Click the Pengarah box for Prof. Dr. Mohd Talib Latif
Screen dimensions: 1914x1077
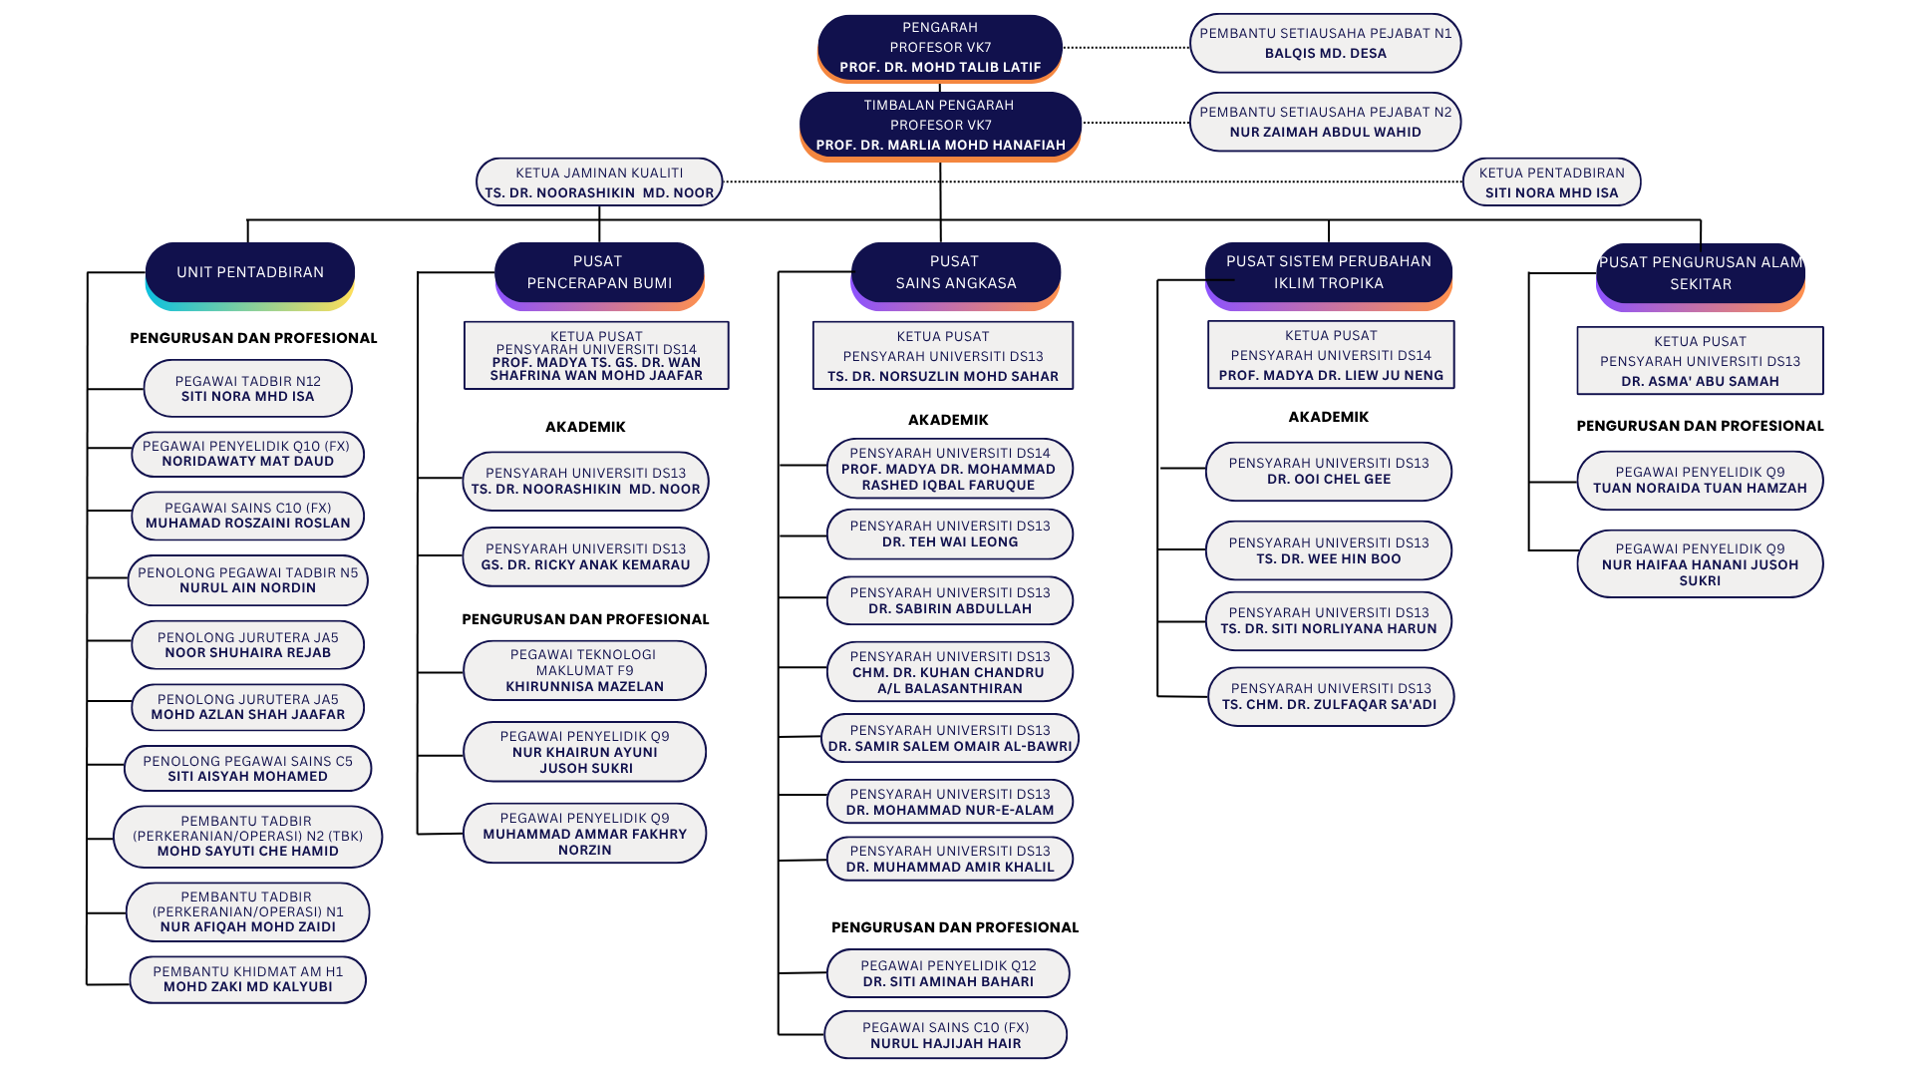tap(940, 48)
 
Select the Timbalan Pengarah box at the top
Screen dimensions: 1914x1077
tap(940, 126)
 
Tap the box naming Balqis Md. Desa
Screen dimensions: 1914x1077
tap(1325, 43)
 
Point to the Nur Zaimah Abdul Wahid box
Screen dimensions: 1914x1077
tap(1325, 122)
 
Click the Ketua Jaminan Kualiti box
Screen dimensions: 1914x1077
tap(599, 182)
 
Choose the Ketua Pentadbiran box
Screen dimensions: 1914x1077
tap(1551, 182)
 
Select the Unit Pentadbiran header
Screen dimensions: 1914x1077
tap(250, 275)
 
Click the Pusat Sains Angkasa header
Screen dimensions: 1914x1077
tap(955, 275)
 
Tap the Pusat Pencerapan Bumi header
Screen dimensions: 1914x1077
tap(599, 275)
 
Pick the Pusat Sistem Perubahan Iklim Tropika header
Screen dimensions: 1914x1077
tap(1328, 275)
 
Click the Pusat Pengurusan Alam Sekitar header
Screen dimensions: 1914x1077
tap(1701, 276)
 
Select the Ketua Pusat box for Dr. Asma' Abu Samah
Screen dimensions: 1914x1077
tap(1700, 361)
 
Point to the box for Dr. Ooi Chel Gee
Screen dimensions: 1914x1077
tap(1328, 471)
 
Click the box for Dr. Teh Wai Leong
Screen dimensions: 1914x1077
tap(949, 534)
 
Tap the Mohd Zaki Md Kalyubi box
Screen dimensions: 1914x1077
tap(247, 979)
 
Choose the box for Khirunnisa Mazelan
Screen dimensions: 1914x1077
tap(584, 670)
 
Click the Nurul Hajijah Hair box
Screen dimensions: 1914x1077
tap(945, 1035)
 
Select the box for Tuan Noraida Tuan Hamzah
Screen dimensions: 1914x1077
tap(1700, 480)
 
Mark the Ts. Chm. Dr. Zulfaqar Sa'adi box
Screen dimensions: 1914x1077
tap(1330, 696)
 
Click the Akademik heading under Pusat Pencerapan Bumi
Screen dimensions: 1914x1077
tap(585, 427)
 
